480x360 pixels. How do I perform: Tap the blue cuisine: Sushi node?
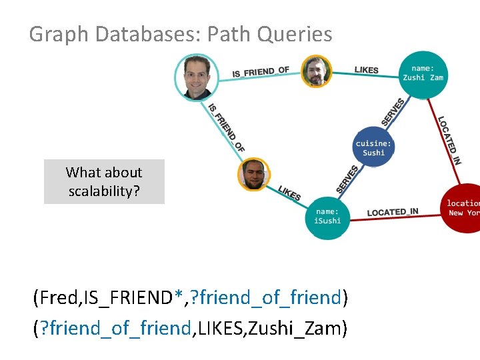[x=373, y=148]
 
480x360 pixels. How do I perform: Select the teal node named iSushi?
[x=327, y=217]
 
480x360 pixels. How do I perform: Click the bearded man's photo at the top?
[x=316, y=71]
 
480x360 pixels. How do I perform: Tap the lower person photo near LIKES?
[x=254, y=174]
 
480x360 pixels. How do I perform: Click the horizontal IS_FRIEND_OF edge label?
[x=260, y=71]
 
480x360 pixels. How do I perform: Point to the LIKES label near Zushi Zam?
[x=366, y=70]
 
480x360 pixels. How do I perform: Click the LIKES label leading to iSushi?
[x=289, y=193]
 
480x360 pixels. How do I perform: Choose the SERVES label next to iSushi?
[x=347, y=180]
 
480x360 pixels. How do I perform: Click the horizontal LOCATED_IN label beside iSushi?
[x=393, y=212]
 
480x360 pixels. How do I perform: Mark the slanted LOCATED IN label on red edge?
[x=449, y=140]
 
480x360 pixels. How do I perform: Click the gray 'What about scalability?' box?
[x=104, y=181]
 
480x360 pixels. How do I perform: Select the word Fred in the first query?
[x=57, y=297]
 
